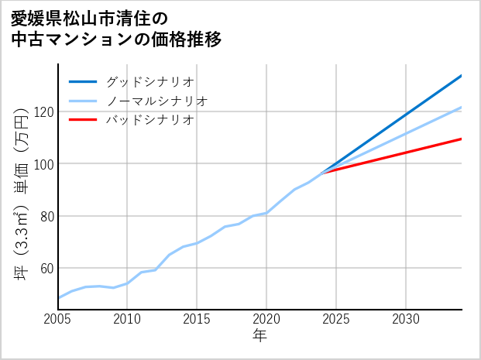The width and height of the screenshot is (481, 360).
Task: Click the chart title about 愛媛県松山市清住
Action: [116, 29]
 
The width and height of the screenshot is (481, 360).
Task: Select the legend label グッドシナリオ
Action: [149, 81]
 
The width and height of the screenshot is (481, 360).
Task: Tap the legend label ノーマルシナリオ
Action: [156, 101]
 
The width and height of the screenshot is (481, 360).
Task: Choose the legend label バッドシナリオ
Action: [149, 120]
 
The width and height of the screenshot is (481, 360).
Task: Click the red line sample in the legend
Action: [83, 120]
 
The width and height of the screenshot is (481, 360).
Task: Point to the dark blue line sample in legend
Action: [83, 81]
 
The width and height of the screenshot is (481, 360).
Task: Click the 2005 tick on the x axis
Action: [58, 319]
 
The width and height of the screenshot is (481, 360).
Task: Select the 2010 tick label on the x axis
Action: [127, 319]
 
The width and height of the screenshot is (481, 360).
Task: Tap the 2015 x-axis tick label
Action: [197, 319]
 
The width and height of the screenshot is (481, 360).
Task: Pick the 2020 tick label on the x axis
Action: [266, 319]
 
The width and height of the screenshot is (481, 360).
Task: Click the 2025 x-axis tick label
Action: [336, 319]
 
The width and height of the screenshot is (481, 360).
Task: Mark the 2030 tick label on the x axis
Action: [406, 319]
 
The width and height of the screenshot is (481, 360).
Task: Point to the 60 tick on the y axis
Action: [45, 269]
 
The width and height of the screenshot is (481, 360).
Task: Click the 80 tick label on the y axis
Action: [45, 216]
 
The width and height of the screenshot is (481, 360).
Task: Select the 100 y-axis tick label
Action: [42, 164]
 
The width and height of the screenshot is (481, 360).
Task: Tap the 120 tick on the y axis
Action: [42, 112]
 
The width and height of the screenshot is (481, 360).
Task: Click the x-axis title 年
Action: [259, 337]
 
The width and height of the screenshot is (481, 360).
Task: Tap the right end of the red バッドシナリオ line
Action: [461, 139]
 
